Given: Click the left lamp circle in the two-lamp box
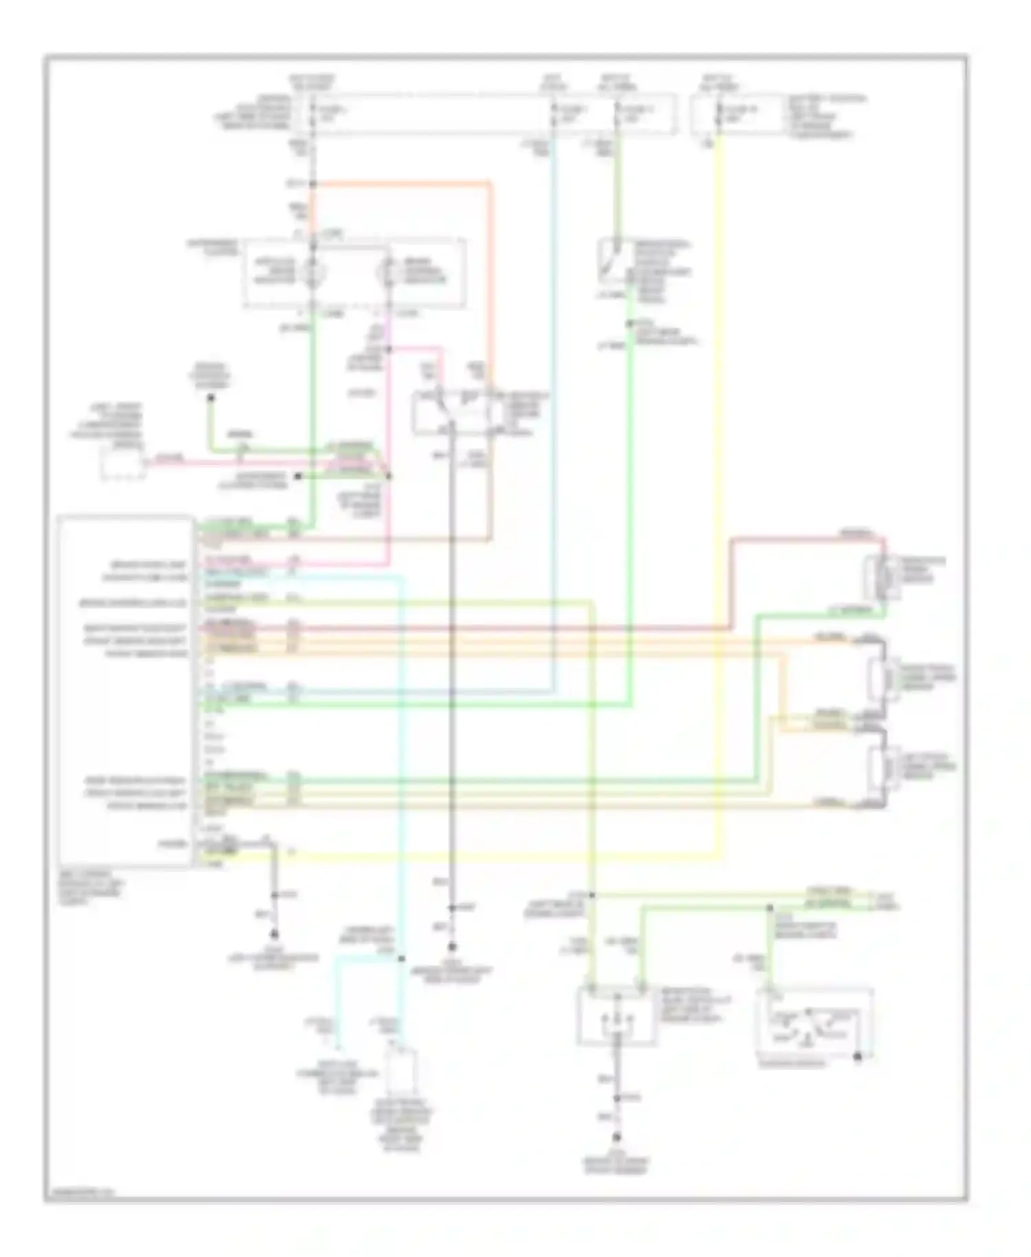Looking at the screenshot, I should click(x=313, y=272).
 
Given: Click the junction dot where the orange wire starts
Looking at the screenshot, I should click(x=313, y=184).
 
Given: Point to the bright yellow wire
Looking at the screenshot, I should click(x=720, y=481).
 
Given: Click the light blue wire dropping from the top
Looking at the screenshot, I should click(x=553, y=413).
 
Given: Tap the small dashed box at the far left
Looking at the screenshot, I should click(x=123, y=462).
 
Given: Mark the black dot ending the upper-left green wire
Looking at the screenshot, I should click(x=211, y=397).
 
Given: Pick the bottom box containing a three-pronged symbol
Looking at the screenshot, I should click(x=612, y=1014).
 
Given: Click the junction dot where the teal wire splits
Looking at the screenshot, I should click(x=401, y=959).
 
